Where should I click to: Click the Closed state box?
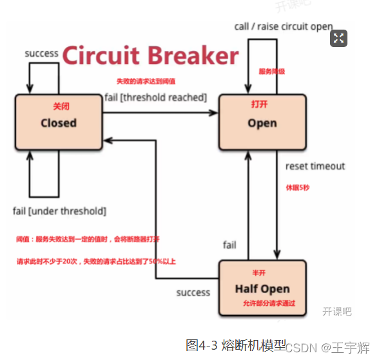(59, 122)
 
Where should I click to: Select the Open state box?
(262, 122)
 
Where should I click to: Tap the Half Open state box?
(262, 288)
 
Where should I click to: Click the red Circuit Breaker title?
(150, 56)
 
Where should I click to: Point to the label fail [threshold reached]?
(155, 97)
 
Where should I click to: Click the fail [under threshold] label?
(59, 211)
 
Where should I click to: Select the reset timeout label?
(315, 166)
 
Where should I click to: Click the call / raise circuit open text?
(284, 26)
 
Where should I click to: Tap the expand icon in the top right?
(339, 38)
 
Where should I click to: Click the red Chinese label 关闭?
(59, 106)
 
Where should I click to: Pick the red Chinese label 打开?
(259, 104)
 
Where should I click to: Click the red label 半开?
(259, 272)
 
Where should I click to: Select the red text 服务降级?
(272, 71)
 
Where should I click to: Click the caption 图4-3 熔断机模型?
(235, 345)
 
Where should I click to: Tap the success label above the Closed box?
(42, 53)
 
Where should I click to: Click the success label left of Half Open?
(193, 292)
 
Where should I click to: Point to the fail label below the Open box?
(229, 245)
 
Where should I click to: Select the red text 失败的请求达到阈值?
(146, 82)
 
